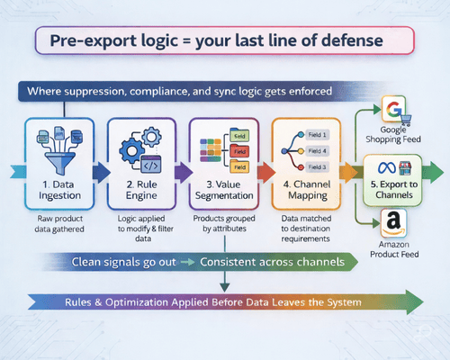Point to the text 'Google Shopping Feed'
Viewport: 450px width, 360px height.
pos(391,136)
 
